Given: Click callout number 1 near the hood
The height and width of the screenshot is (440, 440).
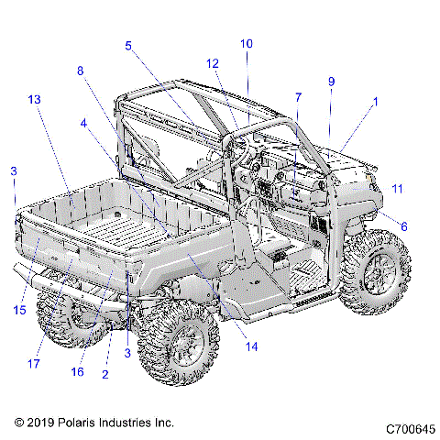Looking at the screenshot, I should [374, 104].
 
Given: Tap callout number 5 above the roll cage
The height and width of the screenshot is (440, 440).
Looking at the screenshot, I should [128, 45].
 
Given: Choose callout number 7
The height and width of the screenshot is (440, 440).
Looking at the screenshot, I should [298, 98].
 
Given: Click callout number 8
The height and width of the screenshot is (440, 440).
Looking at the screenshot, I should [80, 71].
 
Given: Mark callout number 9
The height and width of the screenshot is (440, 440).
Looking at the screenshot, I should [331, 81].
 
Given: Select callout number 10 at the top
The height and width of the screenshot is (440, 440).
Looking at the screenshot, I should [246, 43].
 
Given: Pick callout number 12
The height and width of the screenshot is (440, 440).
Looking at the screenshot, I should [213, 64].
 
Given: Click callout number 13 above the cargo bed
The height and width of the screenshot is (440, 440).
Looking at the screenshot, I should [35, 99].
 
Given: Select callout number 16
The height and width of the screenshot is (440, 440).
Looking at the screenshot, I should [78, 372].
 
